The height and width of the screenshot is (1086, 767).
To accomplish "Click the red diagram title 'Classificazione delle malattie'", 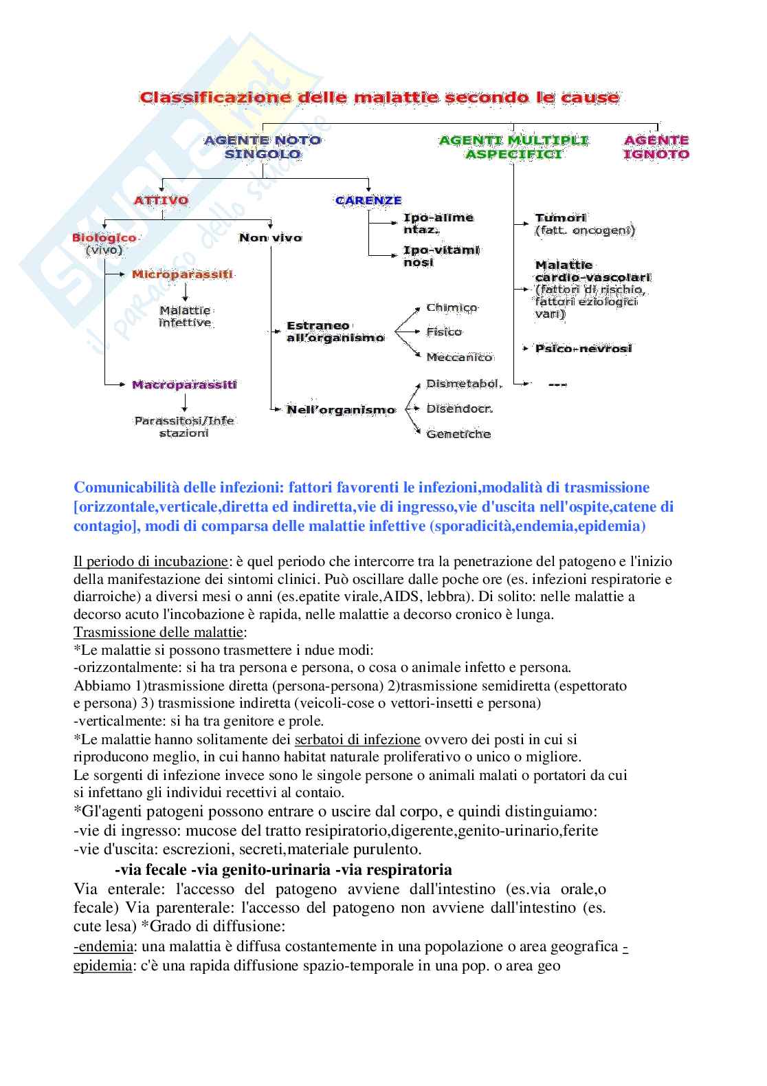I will click(x=379, y=98).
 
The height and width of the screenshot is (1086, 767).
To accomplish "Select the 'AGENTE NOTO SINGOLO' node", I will click(x=263, y=147).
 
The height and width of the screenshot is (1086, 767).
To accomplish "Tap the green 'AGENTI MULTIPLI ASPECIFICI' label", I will click(x=513, y=147).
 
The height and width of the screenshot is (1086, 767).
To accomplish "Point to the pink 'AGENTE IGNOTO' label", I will click(x=656, y=147).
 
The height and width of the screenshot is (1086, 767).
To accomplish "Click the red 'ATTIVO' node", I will click(x=161, y=201).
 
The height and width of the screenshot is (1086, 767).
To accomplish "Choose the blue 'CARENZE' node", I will click(x=368, y=201).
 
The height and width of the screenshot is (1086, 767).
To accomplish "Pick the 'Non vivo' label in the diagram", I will click(x=270, y=238).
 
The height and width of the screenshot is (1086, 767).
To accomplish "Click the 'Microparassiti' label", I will click(x=182, y=274).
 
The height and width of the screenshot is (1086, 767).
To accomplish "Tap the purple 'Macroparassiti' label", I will click(x=184, y=385).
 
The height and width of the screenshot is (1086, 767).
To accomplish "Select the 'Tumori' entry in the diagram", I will click(x=561, y=218).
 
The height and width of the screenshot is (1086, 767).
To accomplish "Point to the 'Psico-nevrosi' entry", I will click(x=583, y=349).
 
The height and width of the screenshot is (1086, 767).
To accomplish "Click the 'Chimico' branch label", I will click(x=452, y=307).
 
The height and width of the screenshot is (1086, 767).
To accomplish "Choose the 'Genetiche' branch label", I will click(x=458, y=434).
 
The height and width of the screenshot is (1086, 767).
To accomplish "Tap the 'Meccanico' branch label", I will click(x=459, y=358).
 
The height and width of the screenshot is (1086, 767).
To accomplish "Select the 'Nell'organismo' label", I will click(x=341, y=410).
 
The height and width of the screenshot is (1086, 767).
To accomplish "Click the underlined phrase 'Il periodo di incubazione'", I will click(x=150, y=561).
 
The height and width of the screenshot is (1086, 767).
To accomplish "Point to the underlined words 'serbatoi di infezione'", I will click(x=357, y=739).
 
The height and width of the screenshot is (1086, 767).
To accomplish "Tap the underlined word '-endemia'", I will click(x=103, y=946).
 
